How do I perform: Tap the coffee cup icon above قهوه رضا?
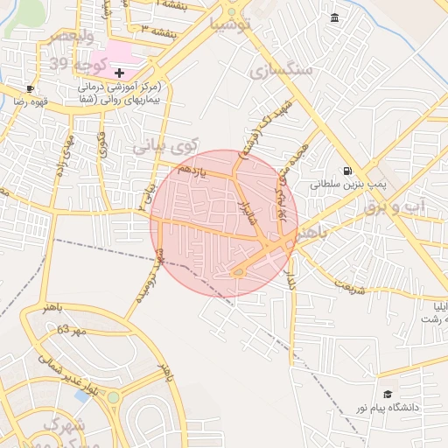(x=31, y=88)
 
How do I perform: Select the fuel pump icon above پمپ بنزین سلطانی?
(x=348, y=171)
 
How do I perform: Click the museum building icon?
(x=334, y=18)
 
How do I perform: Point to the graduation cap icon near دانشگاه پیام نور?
(x=388, y=395)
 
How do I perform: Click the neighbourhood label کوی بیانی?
(x=166, y=146)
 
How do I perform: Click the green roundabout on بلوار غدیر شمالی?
(x=113, y=397)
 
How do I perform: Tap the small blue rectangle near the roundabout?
(x=81, y=395)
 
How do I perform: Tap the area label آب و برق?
(x=419, y=203)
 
